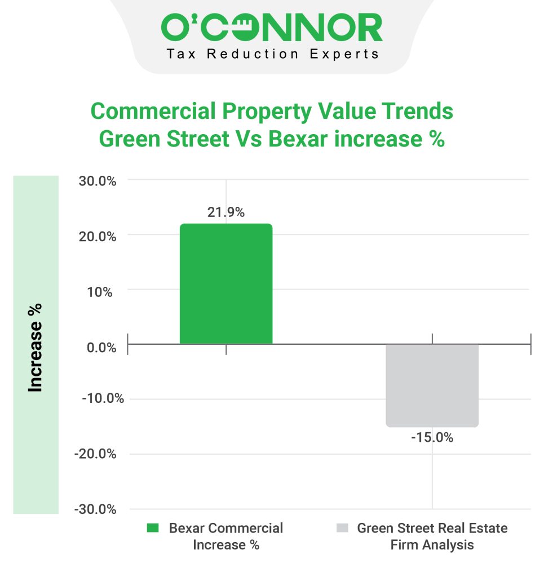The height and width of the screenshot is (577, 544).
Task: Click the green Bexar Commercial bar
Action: click(x=225, y=284)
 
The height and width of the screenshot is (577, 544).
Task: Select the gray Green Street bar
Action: click(x=432, y=385)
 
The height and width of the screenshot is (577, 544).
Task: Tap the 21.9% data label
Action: click(x=225, y=212)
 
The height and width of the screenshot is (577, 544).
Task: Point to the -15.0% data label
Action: click(x=432, y=437)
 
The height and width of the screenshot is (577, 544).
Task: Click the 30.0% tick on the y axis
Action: click(x=96, y=181)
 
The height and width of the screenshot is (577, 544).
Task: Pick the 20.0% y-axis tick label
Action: click(x=96, y=237)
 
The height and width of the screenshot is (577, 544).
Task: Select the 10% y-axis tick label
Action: click(x=101, y=292)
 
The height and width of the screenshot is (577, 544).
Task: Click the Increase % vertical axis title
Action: click(x=36, y=348)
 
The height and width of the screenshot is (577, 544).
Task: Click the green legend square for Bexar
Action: click(x=153, y=529)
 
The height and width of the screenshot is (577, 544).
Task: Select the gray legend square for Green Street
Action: click(x=342, y=529)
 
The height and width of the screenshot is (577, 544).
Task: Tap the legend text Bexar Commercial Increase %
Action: click(x=225, y=536)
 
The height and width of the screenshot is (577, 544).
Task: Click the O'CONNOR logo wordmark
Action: click(x=272, y=28)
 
